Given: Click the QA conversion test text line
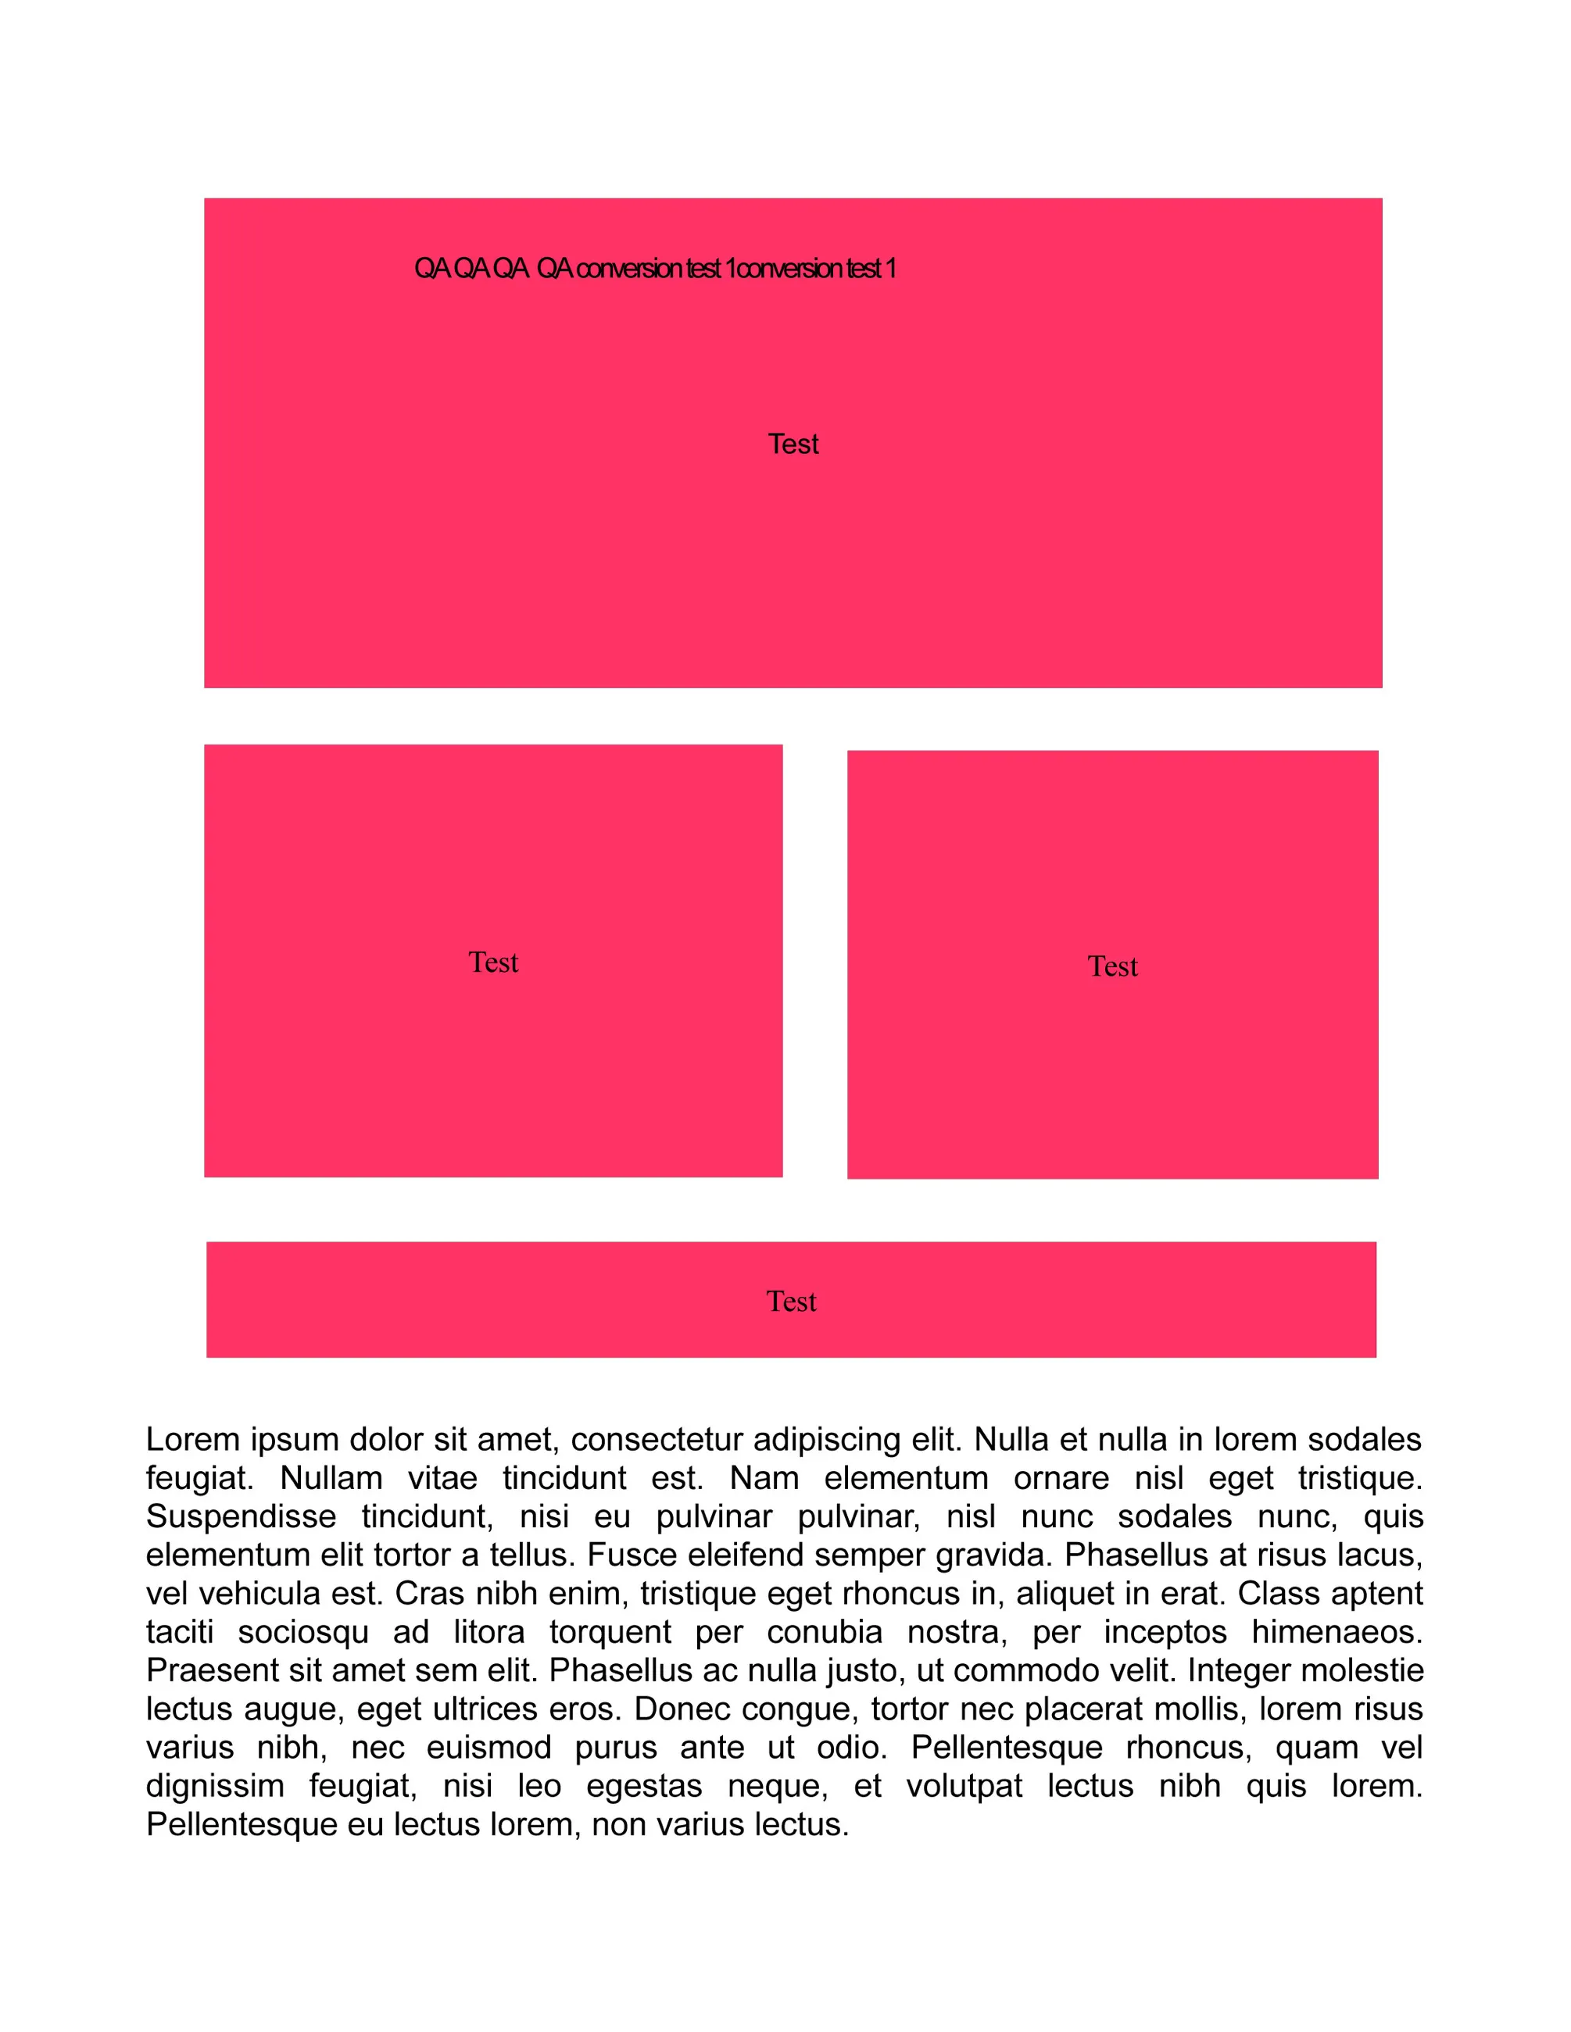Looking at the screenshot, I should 654,269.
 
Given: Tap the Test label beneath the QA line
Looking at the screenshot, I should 793,444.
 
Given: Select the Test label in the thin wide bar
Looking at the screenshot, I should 791,1301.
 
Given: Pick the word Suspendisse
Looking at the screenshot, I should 241,1516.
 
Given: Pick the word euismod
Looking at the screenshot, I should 488,1748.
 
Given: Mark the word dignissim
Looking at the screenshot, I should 215,1787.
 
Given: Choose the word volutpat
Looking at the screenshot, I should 964,1787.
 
